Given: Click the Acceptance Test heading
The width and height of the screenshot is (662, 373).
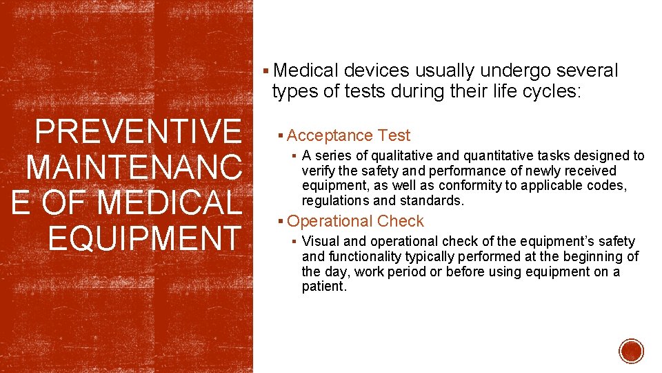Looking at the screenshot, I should coord(348,135).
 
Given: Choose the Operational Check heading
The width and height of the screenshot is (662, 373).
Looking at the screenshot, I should coord(355,221).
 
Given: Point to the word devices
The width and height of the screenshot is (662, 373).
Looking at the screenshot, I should coord(376,70).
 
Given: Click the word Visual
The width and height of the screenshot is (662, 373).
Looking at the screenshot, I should coord(320,241).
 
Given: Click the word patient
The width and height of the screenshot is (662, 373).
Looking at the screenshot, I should coord(323,287).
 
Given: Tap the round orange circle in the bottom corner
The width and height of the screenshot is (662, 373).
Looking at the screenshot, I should coord(631,351).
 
